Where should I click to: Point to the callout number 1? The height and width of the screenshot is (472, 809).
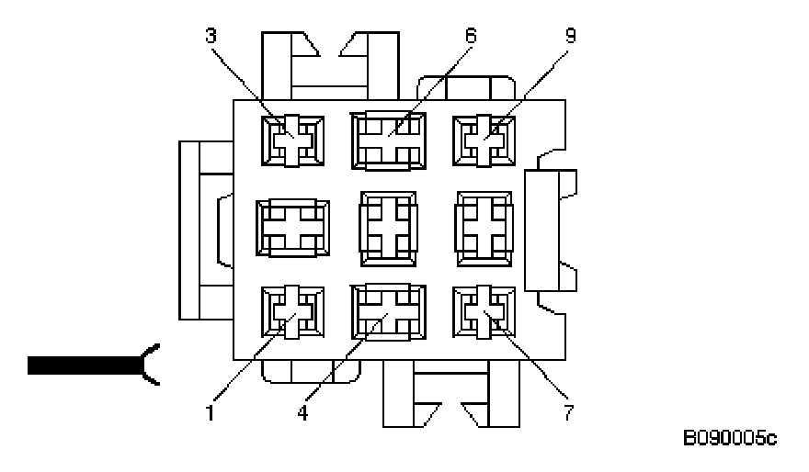211,412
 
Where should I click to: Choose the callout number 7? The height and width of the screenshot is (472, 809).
569,412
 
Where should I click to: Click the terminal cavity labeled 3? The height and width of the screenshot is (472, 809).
292,141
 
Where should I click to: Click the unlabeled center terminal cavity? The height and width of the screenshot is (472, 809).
388,226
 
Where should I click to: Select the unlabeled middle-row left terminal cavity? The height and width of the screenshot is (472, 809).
292,226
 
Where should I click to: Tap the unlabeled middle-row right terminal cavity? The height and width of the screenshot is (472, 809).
484,226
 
